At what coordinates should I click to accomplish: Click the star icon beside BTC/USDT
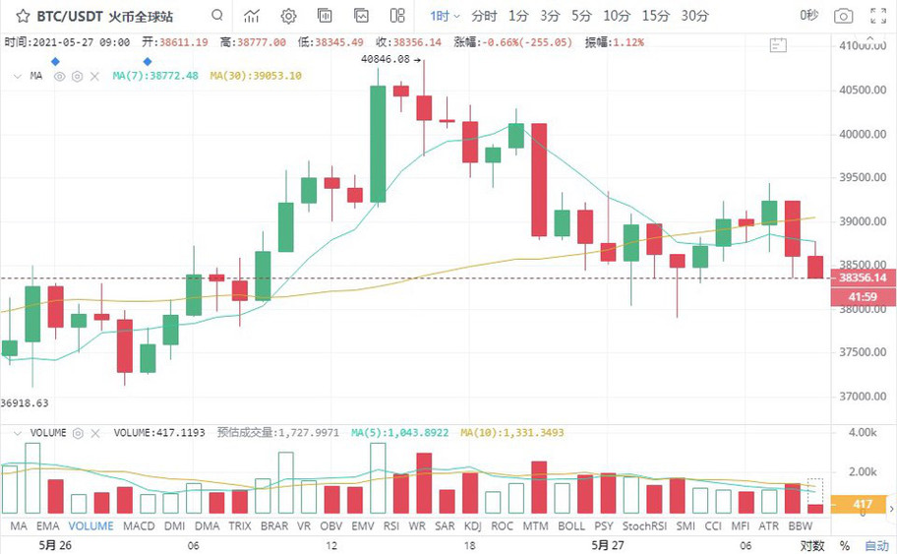coord(21,16)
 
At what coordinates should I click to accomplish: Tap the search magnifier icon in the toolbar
coord(217,16)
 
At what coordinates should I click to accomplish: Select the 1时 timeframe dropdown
coord(445,16)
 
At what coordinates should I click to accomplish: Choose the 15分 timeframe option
coord(655,16)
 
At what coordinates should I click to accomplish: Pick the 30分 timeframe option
coord(694,16)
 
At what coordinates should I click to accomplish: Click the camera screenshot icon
coord(843,16)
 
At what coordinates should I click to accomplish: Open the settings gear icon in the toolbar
coord(288,16)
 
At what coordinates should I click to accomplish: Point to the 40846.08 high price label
coord(385,59)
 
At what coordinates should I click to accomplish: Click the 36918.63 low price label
coord(25,402)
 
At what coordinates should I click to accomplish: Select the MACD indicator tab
coord(139,526)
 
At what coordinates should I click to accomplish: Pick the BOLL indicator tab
coord(571,526)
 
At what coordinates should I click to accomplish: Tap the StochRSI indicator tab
coord(644,526)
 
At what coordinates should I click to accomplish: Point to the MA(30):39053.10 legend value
coord(256,76)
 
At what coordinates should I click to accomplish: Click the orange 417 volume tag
coord(862,505)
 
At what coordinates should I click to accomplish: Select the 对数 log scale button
coord(811,545)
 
